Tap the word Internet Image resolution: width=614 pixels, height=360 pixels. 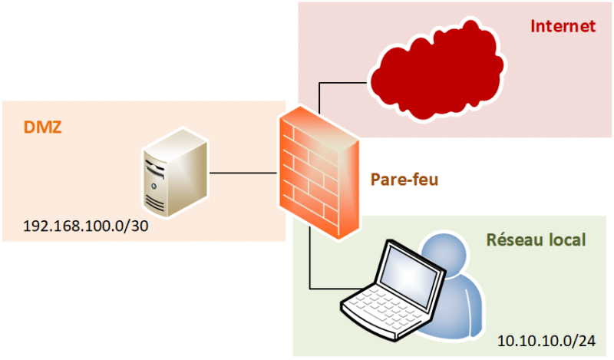(563, 26)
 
